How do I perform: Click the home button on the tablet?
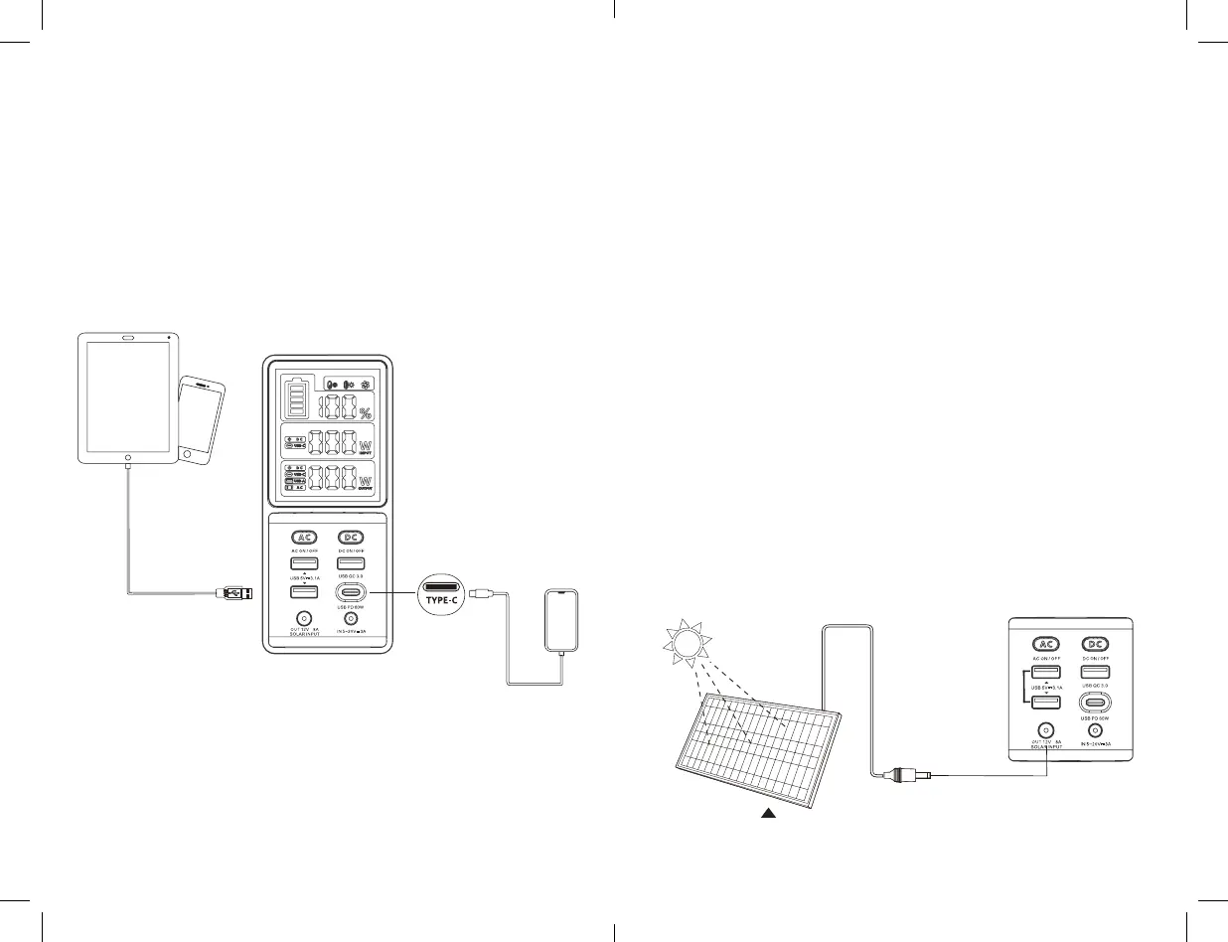(128, 458)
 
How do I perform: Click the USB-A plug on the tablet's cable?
(234, 594)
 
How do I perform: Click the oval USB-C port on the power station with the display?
(354, 594)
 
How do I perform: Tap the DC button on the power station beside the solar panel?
(1094, 643)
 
